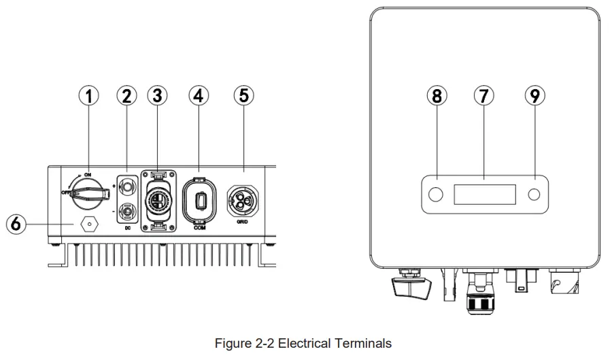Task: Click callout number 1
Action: click(89, 96)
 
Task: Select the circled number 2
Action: click(126, 96)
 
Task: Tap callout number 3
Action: click(158, 96)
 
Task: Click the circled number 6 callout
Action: click(16, 223)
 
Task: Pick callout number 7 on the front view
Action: click(483, 96)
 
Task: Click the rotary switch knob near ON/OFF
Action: click(89, 195)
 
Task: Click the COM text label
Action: click(200, 227)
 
